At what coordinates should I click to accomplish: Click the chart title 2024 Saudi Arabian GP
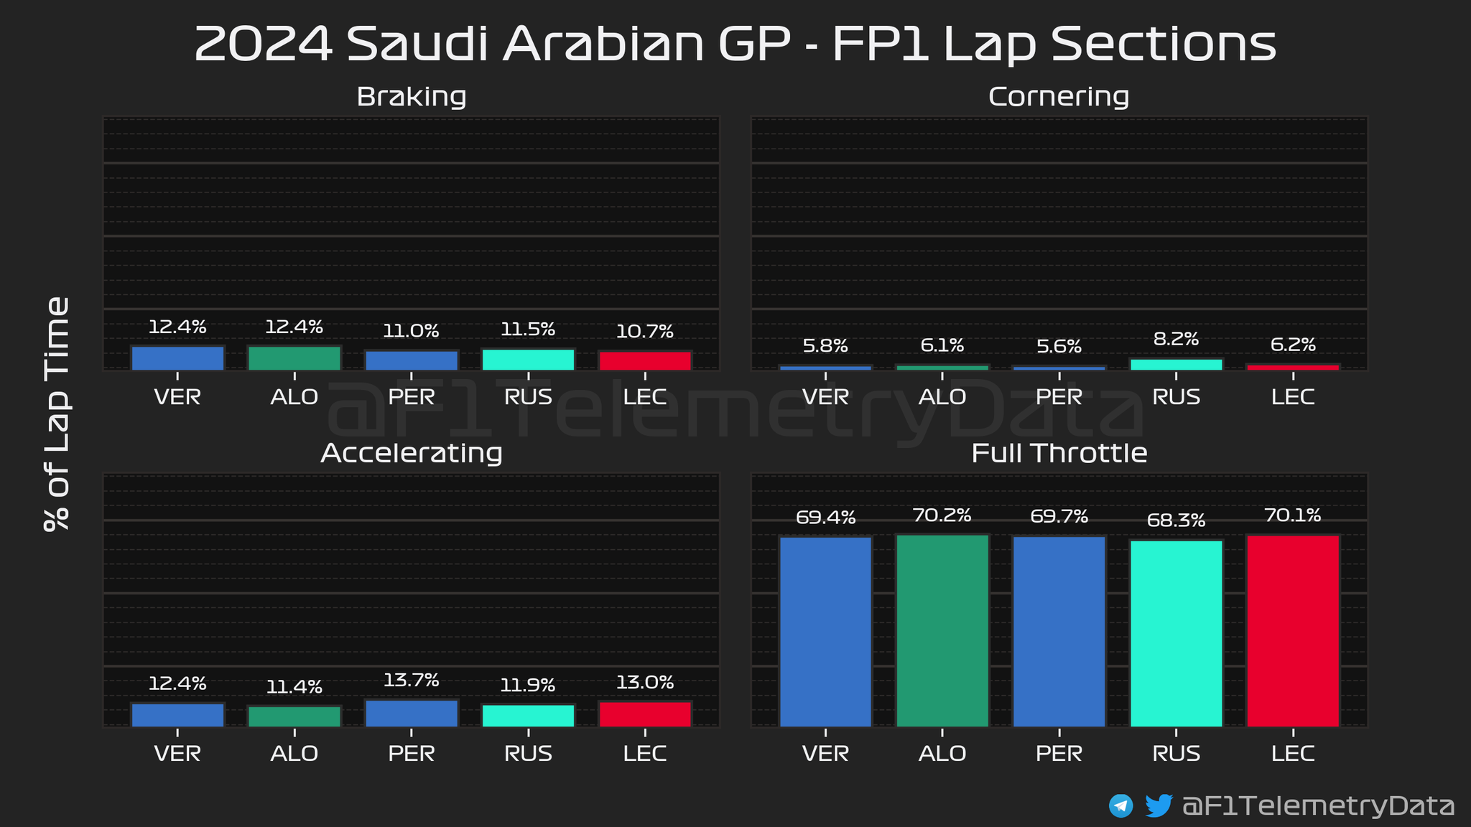[x=735, y=45]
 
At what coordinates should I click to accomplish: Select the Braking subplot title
[x=412, y=96]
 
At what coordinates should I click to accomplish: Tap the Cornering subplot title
[x=1059, y=96]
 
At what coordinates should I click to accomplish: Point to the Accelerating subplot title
[x=412, y=453]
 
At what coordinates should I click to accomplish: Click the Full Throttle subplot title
[x=1059, y=453]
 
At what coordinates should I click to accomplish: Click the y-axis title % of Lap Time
[x=57, y=413]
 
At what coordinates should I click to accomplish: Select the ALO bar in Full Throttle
[x=942, y=630]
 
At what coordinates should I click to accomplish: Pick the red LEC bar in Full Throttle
[x=1293, y=630]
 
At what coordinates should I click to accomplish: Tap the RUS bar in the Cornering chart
[x=1176, y=364]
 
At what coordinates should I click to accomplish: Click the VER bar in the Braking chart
[x=177, y=358]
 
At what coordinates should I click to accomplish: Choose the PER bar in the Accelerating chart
[x=412, y=713]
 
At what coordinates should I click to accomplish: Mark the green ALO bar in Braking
[x=294, y=358]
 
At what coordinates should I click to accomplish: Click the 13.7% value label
[x=412, y=680]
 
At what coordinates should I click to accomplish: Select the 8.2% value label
[x=1176, y=339]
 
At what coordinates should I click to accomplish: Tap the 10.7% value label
[x=645, y=332]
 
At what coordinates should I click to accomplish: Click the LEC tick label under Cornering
[x=1293, y=396]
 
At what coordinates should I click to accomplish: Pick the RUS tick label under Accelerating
[x=528, y=753]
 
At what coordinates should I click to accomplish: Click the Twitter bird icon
[x=1158, y=805]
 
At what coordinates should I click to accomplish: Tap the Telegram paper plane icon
[x=1120, y=805]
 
